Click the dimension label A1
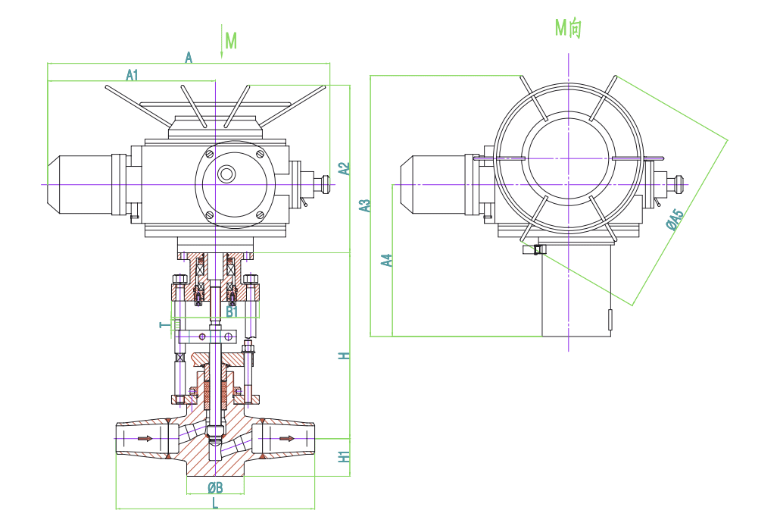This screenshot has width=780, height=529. click(x=132, y=75)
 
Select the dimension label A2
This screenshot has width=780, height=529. click(x=345, y=169)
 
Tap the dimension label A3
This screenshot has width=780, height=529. click(x=366, y=205)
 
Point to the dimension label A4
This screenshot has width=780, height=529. click(x=387, y=260)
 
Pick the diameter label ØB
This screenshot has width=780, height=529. click(x=215, y=487)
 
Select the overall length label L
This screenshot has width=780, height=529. click(x=215, y=504)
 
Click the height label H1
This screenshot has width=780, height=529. click(x=345, y=457)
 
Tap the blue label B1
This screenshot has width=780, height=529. click(x=232, y=312)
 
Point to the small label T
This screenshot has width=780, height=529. click(x=164, y=325)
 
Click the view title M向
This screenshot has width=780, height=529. click(x=568, y=28)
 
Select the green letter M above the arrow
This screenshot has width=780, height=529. click(x=231, y=41)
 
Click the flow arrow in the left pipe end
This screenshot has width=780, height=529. click(x=145, y=438)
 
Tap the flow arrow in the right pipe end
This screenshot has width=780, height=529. click(x=286, y=438)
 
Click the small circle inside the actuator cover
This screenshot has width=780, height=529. click(x=226, y=174)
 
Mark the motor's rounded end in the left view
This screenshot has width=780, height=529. click(x=54, y=185)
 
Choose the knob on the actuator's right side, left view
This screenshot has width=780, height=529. click(x=326, y=185)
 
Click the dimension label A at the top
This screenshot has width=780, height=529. click(x=189, y=58)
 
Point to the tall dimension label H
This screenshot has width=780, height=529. click(x=345, y=356)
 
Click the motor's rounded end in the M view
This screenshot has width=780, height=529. click(x=407, y=185)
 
